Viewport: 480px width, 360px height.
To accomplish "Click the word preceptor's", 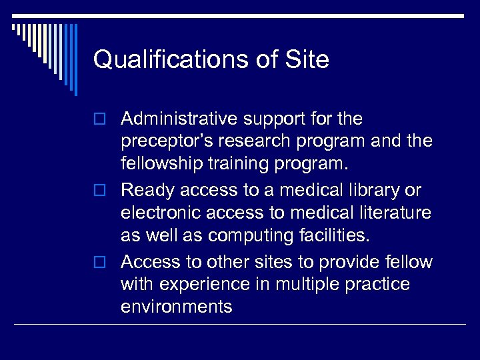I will (166, 142).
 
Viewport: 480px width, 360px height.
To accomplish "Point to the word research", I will (250, 142).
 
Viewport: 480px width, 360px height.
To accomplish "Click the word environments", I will (177, 307).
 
